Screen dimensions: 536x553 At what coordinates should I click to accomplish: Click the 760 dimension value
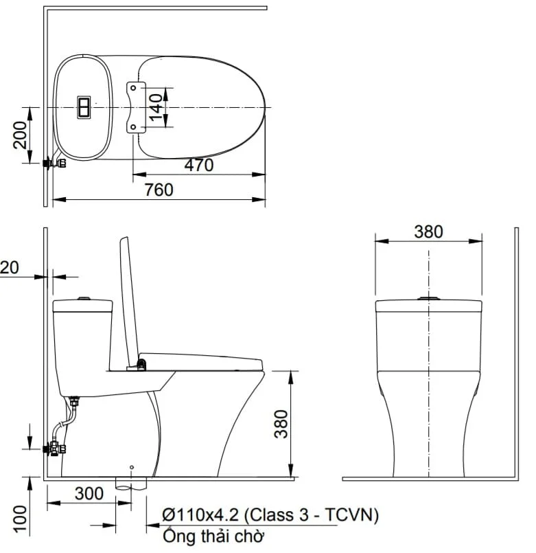point(159,190)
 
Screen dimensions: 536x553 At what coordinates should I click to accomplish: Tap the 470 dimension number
point(199,165)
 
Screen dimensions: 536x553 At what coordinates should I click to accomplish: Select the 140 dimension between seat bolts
point(155,107)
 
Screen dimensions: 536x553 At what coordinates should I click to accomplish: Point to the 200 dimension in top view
point(20,135)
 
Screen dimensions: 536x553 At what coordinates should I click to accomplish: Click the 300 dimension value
point(89,493)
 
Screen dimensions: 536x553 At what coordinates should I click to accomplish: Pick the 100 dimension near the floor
point(20,519)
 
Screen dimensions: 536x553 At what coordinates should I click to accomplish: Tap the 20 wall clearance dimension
point(9,268)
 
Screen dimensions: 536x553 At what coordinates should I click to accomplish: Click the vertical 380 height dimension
point(281,424)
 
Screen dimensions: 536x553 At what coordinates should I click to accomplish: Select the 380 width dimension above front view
point(428,232)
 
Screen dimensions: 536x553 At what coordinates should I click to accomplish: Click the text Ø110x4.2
point(200,515)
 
